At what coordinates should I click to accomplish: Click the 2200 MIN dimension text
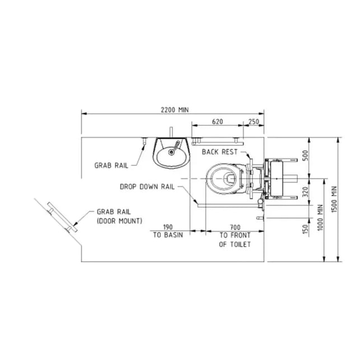(175, 110)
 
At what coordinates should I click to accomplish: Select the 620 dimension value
(217, 121)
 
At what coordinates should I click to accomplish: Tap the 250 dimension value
(254, 121)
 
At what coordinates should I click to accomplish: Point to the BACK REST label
(219, 152)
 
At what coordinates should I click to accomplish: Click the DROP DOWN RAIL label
(147, 186)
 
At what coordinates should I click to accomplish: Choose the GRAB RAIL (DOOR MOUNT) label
(119, 216)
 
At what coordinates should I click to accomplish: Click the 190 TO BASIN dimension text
(168, 231)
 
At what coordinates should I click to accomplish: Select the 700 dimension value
(235, 227)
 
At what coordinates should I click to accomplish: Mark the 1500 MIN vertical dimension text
(334, 199)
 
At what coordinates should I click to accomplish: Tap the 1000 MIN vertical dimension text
(320, 217)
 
